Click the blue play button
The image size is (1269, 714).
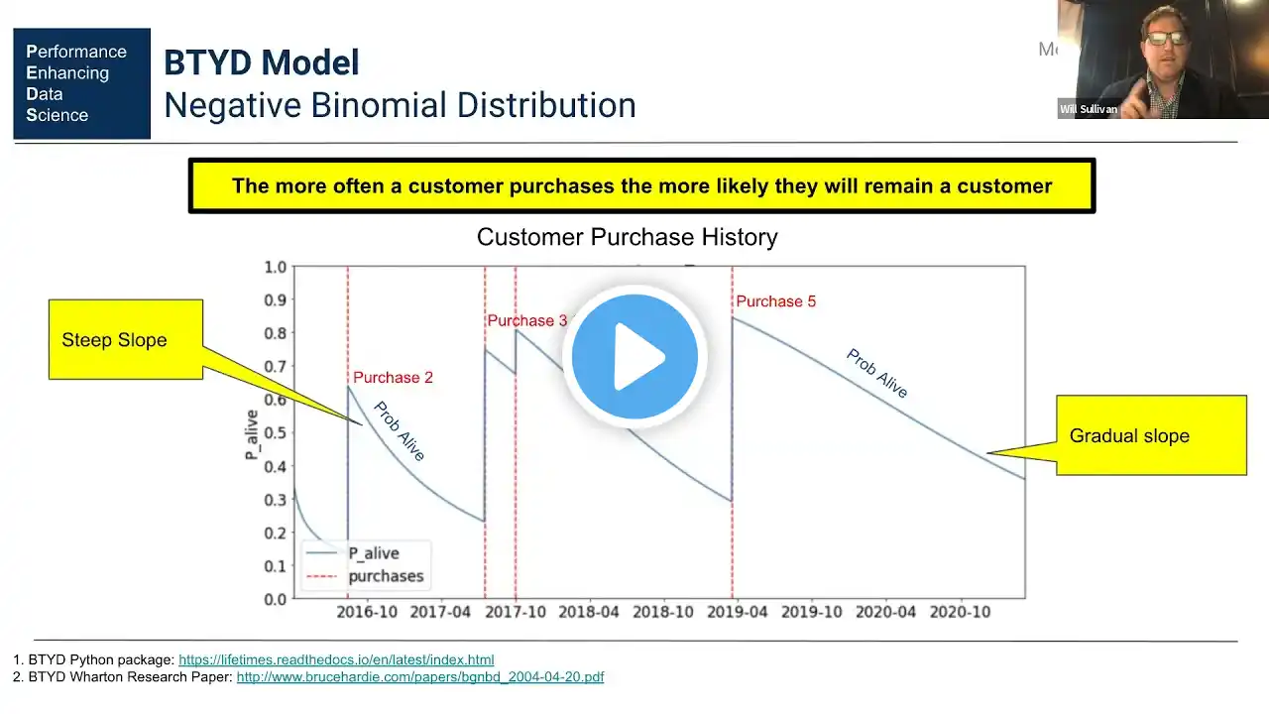point(634,357)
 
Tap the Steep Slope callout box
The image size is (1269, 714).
point(126,340)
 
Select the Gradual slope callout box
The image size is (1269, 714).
point(1150,435)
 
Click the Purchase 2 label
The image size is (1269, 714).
point(393,378)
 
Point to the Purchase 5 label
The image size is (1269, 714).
point(776,301)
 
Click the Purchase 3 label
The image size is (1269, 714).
point(527,320)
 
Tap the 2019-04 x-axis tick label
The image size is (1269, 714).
point(739,612)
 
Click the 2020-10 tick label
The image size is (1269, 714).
point(962,612)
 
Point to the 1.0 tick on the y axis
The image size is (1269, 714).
point(275,267)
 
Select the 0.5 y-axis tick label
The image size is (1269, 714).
point(275,433)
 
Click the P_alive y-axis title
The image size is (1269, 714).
point(252,433)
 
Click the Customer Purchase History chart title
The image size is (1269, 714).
point(627,238)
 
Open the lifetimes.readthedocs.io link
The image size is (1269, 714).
point(336,659)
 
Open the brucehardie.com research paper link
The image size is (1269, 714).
point(419,677)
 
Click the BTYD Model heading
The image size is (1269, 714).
point(262,63)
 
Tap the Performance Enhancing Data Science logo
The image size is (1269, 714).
point(81,83)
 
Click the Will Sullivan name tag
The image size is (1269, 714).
point(1089,109)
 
